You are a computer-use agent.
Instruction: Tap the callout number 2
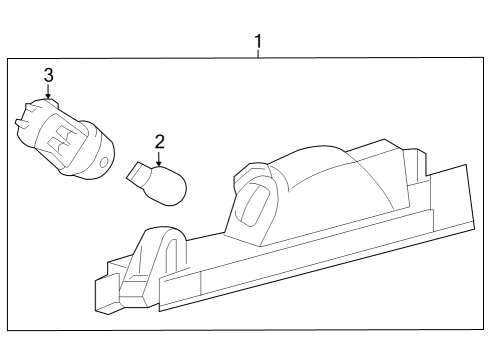[x=158, y=143]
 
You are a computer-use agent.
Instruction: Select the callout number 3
[x=47, y=75]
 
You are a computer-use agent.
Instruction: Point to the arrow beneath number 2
[x=158, y=159]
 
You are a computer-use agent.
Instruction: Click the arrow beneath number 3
[x=47, y=92]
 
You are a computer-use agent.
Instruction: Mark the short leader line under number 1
[x=258, y=55]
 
